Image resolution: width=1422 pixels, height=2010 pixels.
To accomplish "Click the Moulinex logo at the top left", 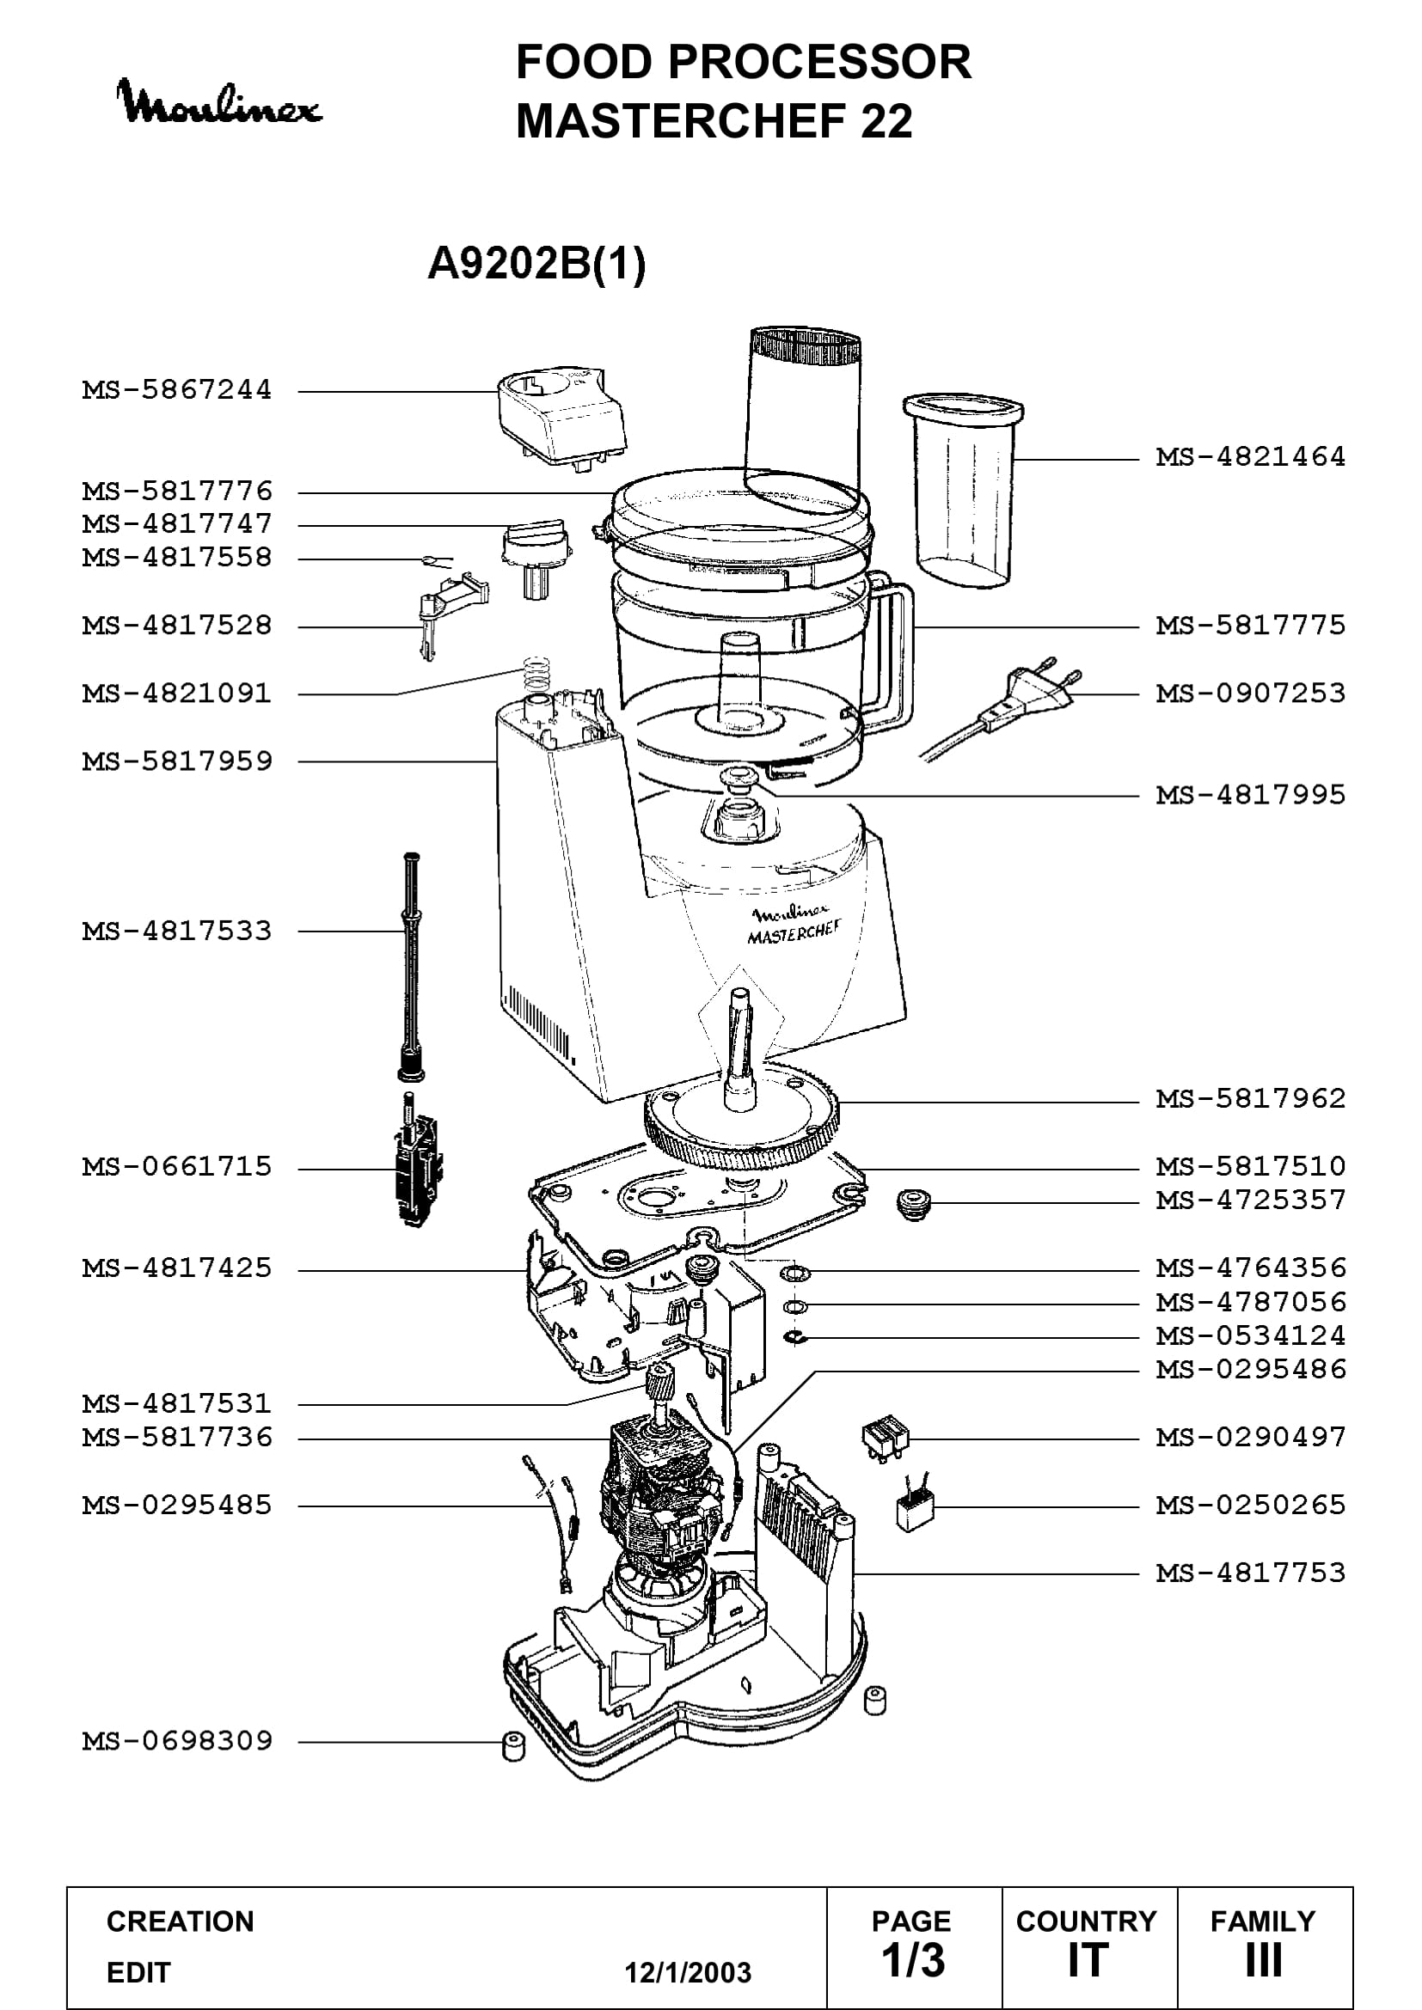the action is click(x=219, y=103).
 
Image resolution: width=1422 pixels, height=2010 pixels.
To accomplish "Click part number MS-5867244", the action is click(x=177, y=389).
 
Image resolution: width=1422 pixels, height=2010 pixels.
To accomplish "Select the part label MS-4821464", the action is click(x=1250, y=457).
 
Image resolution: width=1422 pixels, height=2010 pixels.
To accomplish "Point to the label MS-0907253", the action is click(x=1250, y=693).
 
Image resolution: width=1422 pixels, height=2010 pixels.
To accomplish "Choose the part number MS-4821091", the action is click(x=177, y=693).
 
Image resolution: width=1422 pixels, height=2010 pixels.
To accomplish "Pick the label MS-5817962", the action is click(x=1250, y=1099).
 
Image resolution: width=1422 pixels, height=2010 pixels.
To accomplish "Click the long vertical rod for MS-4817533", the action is click(x=410, y=966).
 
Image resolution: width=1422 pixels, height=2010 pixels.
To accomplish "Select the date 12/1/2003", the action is click(x=688, y=1972).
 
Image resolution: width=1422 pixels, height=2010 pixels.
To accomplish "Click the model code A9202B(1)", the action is click(x=536, y=263).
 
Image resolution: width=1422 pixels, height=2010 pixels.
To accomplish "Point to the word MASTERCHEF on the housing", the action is click(x=794, y=932).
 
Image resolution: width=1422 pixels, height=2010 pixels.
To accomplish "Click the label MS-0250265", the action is click(x=1250, y=1505).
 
